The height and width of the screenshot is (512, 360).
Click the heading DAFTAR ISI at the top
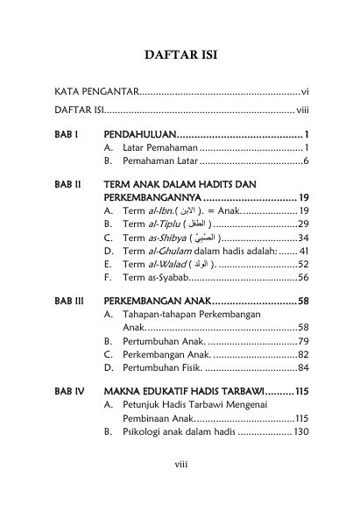pyautogui.click(x=180, y=56)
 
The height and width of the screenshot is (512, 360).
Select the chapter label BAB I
pyautogui.click(x=66, y=133)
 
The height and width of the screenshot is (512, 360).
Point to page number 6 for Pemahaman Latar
pyautogui.click(x=304, y=161)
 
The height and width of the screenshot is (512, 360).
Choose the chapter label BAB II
pyautogui.click(x=67, y=184)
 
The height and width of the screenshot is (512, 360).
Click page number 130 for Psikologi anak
pyautogui.click(x=298, y=431)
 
